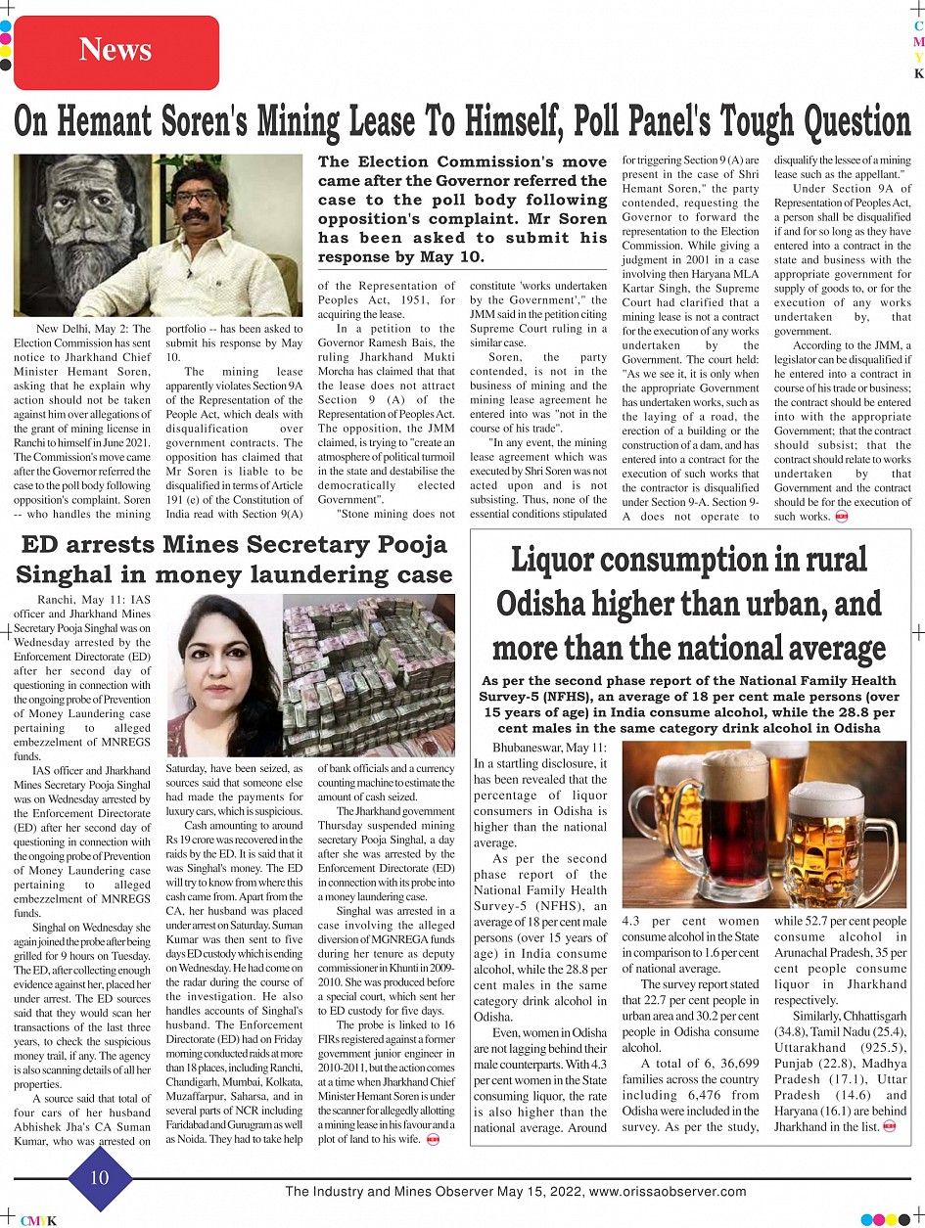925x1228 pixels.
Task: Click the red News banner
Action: (116, 50)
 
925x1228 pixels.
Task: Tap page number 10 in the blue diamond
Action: (101, 1178)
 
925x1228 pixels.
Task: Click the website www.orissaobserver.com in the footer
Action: (668, 1192)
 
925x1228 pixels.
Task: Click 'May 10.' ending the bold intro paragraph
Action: (457, 256)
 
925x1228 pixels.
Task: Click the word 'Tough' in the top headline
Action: (755, 122)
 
